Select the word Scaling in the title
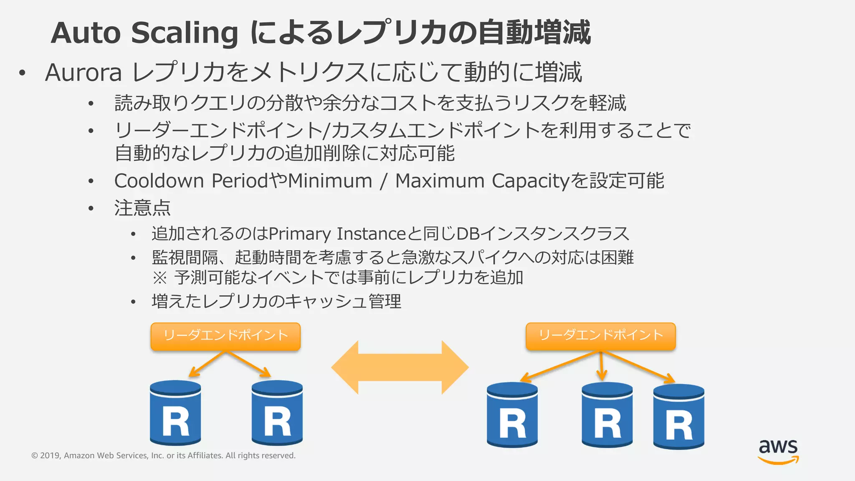[185, 33]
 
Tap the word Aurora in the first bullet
[83, 72]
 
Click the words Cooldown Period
[190, 181]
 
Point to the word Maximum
[440, 181]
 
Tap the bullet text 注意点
[142, 208]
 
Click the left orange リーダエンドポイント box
[225, 336]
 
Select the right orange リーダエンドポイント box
[600, 336]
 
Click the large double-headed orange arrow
[400, 367]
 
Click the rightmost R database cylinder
[678, 416]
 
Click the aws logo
[778, 451]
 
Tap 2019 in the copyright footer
[50, 456]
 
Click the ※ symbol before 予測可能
[159, 278]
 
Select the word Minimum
[330, 181]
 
